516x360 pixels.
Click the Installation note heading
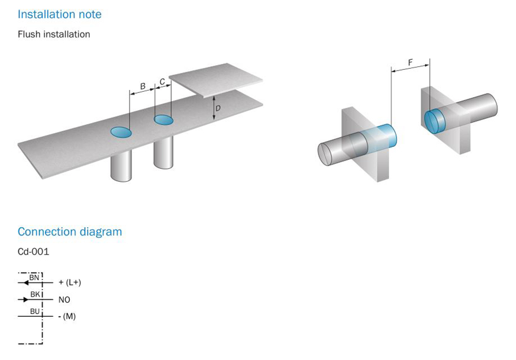coord(60,14)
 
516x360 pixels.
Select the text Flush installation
coord(54,34)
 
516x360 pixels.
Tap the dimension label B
coord(143,86)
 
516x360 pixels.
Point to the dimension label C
coord(163,81)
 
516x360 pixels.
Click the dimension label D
coord(218,108)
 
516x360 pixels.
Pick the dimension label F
coord(410,62)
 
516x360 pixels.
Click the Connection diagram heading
coord(70,232)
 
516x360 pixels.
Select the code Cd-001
coord(33,252)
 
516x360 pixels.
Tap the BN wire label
coord(34,277)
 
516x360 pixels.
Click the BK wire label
coord(36,294)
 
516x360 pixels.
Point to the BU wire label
coord(35,311)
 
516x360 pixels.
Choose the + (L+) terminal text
coord(70,282)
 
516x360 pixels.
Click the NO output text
coord(64,300)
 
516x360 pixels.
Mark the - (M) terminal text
coord(67,317)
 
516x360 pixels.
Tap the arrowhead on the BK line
coord(26,300)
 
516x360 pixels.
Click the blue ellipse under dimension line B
coord(121,132)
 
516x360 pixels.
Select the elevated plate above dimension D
coord(216,80)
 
